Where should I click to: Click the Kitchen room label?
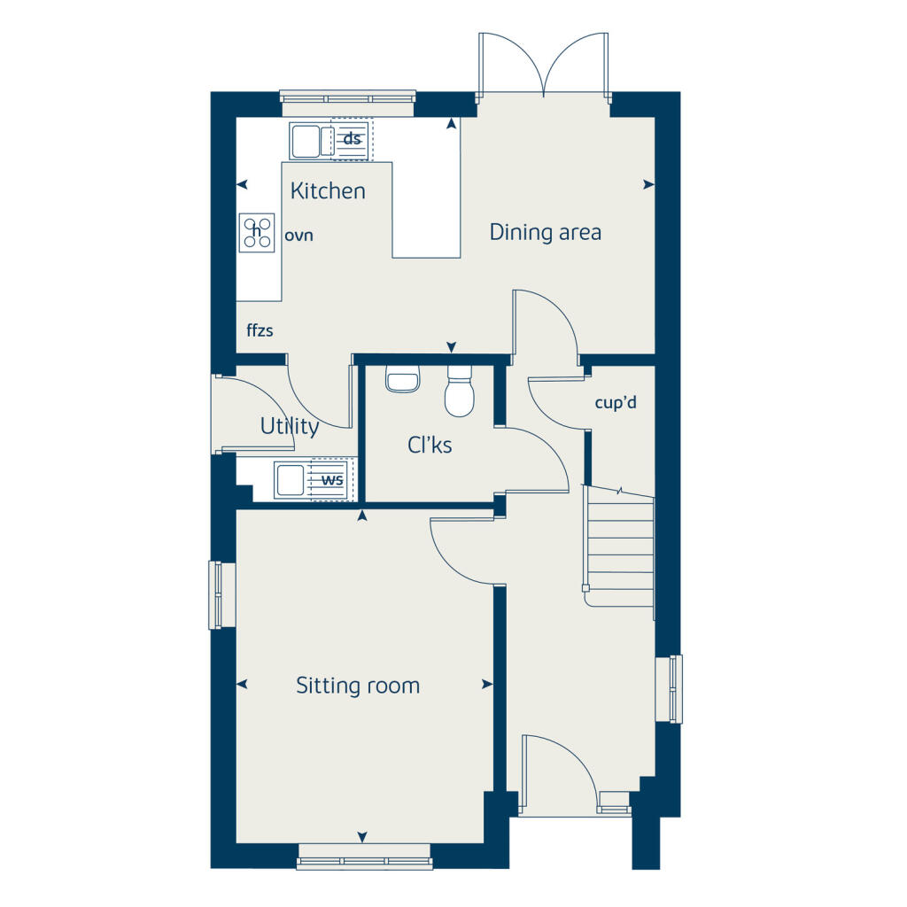coord(328,190)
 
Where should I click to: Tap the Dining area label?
coord(545,232)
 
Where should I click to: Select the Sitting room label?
coord(358,686)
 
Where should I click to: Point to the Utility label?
coord(290,426)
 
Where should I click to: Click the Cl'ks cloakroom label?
coord(430,445)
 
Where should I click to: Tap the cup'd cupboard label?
coord(616,402)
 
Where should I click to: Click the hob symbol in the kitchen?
coord(258,234)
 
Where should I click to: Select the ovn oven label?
coord(299,236)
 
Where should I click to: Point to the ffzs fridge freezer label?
coord(260,331)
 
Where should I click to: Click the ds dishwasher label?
coord(353,139)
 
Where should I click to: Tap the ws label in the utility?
coord(332,480)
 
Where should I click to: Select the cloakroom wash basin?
coord(402,381)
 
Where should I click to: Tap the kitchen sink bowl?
coord(306,140)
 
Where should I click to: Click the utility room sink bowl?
coord(291,480)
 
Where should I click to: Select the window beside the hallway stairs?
coord(675,688)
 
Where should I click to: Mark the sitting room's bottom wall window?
coord(363,857)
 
